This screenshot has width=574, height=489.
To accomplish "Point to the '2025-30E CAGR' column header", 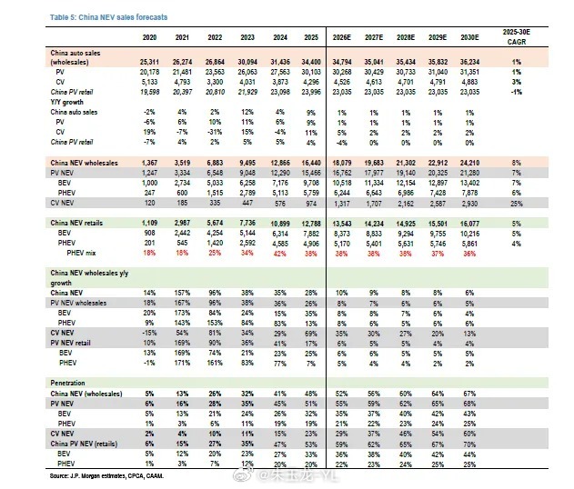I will click(x=514, y=36).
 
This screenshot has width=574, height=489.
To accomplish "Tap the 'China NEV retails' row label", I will click(x=81, y=222).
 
